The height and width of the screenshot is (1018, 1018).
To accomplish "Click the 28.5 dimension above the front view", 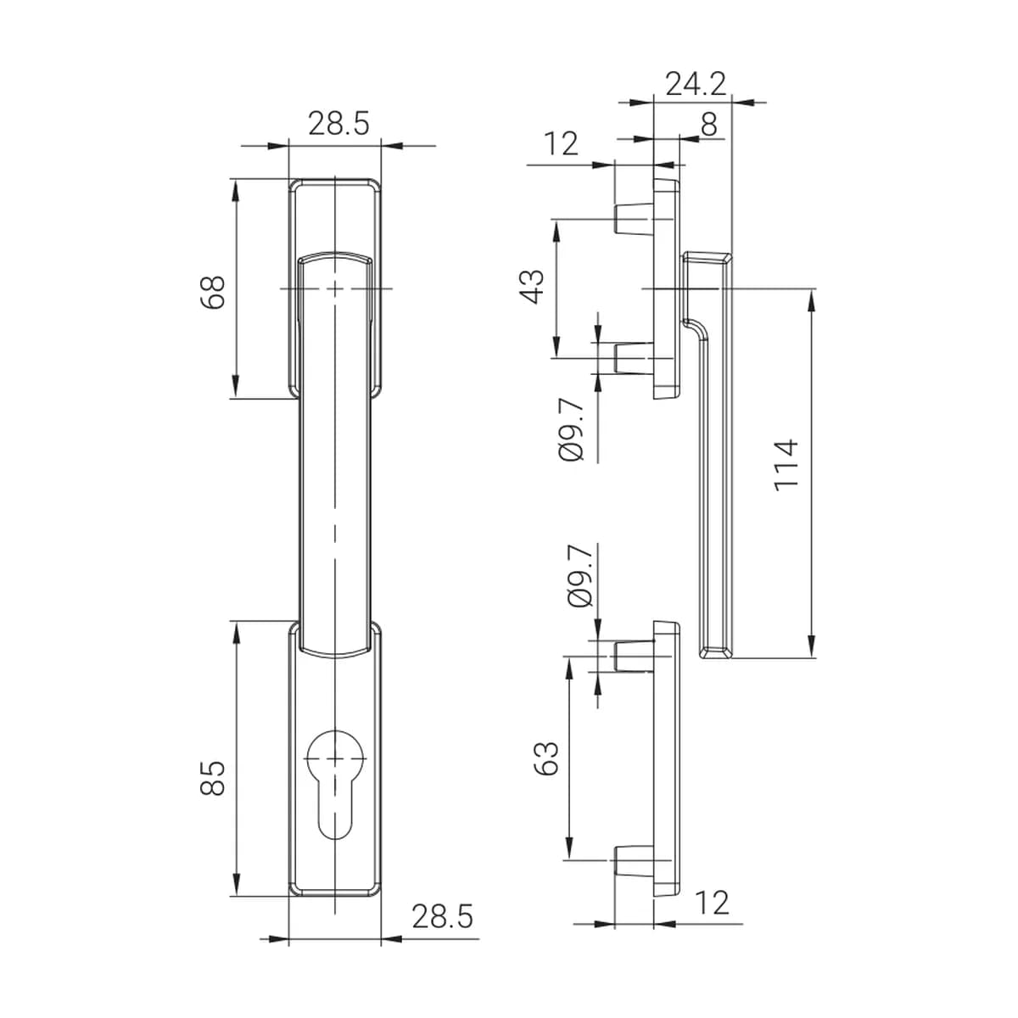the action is coord(338,124).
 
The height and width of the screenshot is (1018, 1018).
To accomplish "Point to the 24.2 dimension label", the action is coord(696,83).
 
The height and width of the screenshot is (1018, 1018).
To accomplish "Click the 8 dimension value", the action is coord(709,125).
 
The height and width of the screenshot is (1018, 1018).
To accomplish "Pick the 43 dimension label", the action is coord(532,287).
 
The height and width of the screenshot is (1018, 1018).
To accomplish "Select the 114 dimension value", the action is coord(786,465).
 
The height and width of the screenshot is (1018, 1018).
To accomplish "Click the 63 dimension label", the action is coord(546,758).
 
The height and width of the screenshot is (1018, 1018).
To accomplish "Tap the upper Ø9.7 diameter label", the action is coord(571,431).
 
